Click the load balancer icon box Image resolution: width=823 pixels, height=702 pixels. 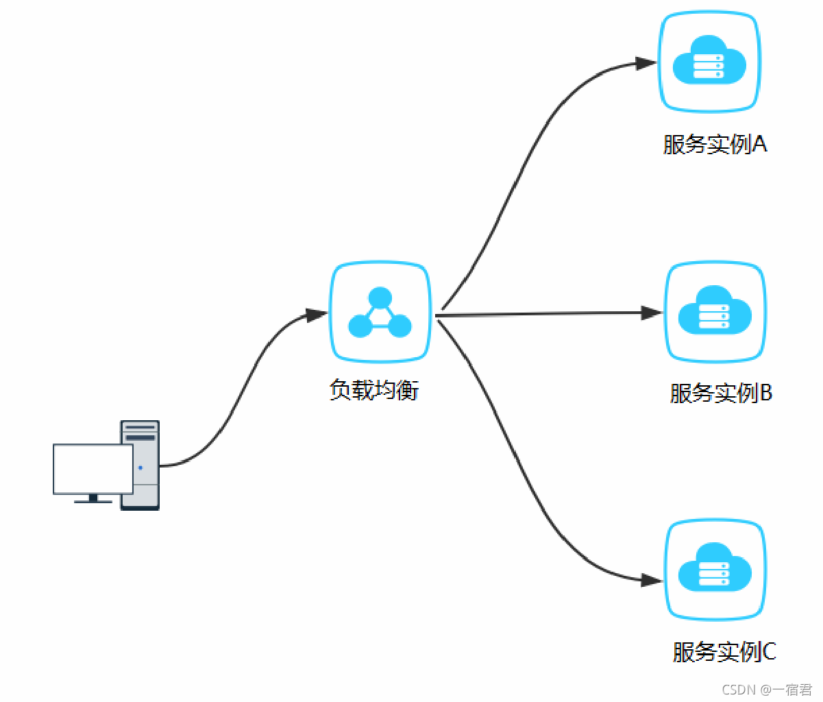click(380, 313)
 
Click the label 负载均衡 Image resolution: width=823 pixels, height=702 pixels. click(374, 390)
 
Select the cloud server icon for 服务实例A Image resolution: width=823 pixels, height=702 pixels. click(709, 62)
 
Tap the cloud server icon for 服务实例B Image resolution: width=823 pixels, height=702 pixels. click(715, 312)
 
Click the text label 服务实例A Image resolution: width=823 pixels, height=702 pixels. click(715, 145)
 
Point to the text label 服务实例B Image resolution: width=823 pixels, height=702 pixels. click(721, 393)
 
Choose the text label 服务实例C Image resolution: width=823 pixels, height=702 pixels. click(724, 651)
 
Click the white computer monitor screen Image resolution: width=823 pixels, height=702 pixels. click(93, 468)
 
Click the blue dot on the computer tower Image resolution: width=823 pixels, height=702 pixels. click(140, 468)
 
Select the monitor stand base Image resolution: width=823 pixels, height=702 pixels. click(93, 501)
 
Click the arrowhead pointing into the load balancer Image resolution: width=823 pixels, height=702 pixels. click(317, 315)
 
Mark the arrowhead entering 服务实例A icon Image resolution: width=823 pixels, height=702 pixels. click(646, 64)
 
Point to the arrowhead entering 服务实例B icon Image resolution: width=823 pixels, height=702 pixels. click(652, 313)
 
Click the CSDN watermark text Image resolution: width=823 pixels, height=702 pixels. click(767, 690)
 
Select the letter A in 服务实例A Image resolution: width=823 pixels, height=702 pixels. click(759, 145)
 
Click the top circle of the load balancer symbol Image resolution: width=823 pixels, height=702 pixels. click(380, 298)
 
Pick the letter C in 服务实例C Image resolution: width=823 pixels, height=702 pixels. click(769, 651)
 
